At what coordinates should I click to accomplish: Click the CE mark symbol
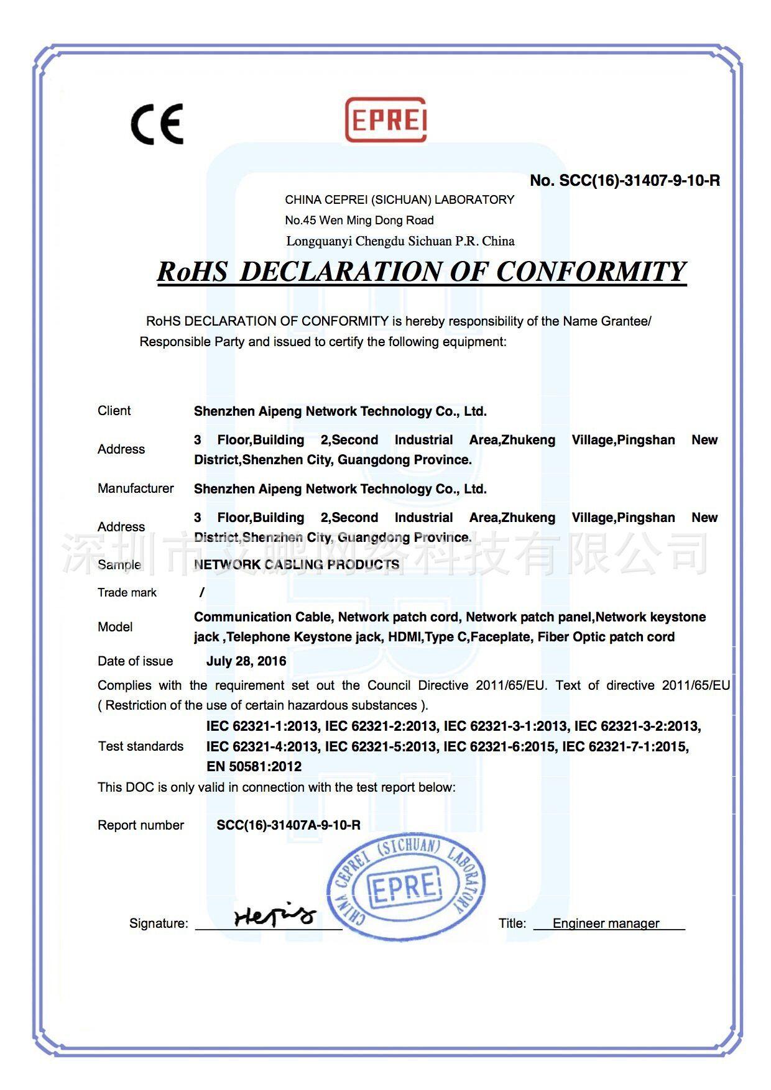click(x=157, y=124)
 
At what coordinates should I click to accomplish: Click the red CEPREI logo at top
click(x=386, y=119)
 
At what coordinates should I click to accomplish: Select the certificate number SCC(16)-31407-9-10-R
click(x=625, y=181)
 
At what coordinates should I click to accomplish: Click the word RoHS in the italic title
click(x=192, y=272)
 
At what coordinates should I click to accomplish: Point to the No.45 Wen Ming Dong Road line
click(x=359, y=220)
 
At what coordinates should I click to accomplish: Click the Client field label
click(x=114, y=411)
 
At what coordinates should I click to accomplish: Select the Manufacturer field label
click(x=136, y=488)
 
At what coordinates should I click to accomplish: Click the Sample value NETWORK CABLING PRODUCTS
click(x=297, y=564)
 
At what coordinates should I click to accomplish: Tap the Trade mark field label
click(x=127, y=593)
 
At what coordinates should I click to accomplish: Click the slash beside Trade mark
click(x=202, y=593)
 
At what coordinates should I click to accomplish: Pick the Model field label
click(x=115, y=627)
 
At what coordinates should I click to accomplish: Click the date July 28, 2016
click(x=246, y=661)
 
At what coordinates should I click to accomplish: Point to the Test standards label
click(x=141, y=746)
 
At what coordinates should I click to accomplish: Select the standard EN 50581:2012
click(x=254, y=767)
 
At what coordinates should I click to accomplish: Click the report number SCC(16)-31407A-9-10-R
click(x=289, y=825)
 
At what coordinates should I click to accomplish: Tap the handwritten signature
click(x=274, y=915)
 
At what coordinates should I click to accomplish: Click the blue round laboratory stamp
click(x=405, y=887)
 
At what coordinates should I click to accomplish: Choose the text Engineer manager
click(x=606, y=923)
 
